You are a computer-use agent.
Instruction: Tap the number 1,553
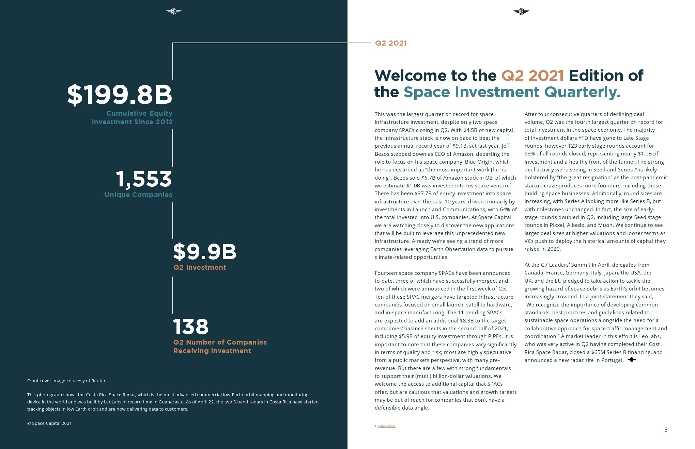144,179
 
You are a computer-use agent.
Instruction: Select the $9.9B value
205,251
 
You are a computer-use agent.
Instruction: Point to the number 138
191,327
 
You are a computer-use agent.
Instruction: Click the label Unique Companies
138,195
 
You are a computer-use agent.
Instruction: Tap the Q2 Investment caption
200,267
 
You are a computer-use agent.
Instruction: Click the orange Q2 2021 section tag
391,43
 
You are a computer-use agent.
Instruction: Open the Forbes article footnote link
386,426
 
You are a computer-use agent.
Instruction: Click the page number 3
666,430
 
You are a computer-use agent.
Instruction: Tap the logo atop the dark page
174,12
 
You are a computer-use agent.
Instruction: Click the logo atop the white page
521,12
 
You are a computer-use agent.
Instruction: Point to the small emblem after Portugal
632,360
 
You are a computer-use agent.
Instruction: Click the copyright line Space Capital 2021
49,423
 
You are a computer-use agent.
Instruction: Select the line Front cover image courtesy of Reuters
68,381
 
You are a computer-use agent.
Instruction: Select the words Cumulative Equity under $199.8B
139,113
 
